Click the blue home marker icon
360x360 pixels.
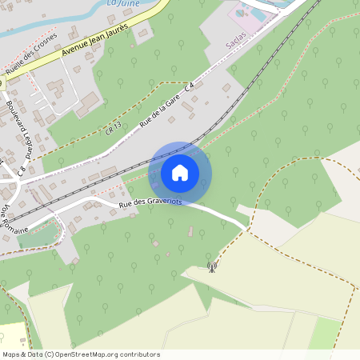(x=180, y=173)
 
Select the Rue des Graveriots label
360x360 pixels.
(x=150, y=204)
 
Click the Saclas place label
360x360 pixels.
(x=237, y=46)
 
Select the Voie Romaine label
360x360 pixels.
(x=14, y=218)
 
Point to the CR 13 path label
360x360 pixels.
(x=113, y=127)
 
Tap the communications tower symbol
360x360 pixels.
(x=212, y=266)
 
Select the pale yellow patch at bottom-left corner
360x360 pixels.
(x=10, y=336)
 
